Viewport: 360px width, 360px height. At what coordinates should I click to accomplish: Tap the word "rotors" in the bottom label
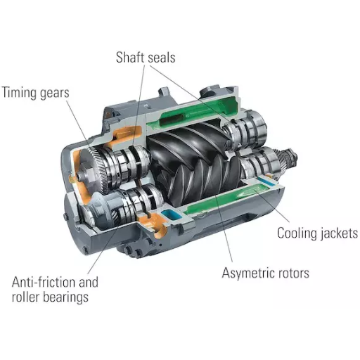[x=294, y=273]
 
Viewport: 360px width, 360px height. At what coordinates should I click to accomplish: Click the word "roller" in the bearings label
[x=27, y=297]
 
